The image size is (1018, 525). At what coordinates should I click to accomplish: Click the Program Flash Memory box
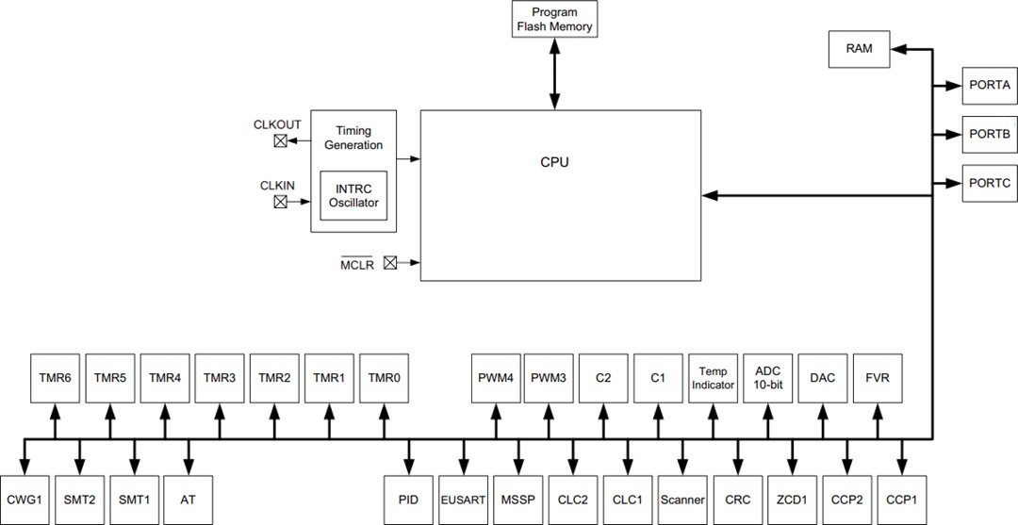555,20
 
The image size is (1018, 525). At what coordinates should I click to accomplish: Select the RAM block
859,49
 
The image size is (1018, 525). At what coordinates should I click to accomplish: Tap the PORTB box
989,134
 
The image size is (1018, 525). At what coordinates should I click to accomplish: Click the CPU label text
554,162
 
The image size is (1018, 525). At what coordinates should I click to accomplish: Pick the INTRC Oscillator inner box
353,195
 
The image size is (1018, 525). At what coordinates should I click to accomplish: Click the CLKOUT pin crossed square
281,141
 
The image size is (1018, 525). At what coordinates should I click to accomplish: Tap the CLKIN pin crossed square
281,202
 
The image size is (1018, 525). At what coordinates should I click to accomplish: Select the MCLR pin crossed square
389,264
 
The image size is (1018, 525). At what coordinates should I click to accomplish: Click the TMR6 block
54,378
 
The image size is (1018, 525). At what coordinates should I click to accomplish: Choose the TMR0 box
384,378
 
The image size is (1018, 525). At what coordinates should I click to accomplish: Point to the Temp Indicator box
714,378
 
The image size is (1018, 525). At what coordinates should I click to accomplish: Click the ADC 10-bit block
768,378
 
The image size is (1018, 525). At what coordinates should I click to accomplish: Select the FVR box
878,378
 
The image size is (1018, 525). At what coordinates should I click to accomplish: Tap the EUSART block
463,500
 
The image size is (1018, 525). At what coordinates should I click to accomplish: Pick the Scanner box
682,500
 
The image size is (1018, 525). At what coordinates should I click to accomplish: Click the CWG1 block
25,500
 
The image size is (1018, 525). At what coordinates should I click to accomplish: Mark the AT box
188,500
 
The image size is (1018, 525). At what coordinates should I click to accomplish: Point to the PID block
408,500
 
